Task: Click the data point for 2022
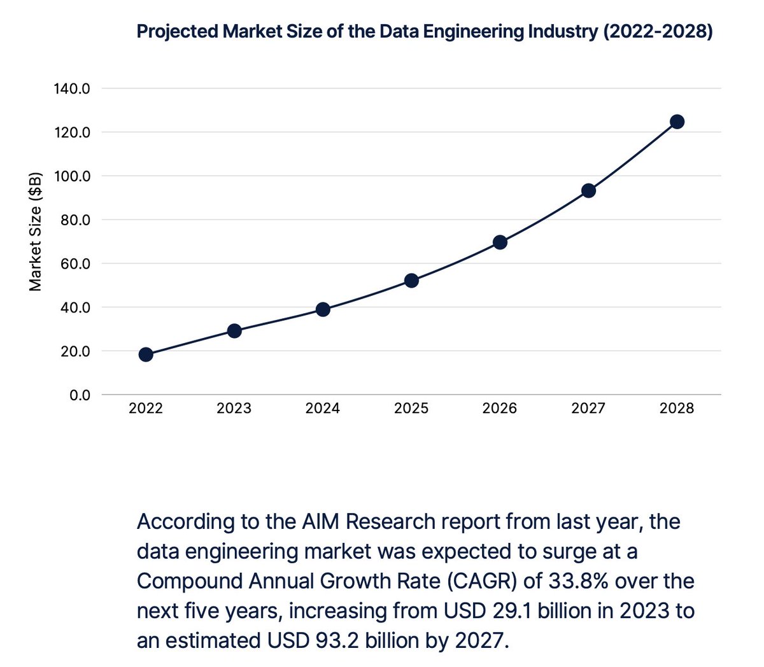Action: (x=146, y=355)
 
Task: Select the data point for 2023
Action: (x=234, y=331)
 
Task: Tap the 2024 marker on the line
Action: (x=323, y=309)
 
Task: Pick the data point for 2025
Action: (x=411, y=281)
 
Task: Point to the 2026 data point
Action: (x=500, y=242)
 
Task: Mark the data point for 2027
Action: (x=588, y=190)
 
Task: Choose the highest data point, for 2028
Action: (x=677, y=122)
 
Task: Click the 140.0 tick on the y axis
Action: (x=72, y=88)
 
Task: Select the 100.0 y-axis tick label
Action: (x=72, y=176)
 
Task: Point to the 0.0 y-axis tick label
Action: (x=79, y=395)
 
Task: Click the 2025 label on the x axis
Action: (x=411, y=409)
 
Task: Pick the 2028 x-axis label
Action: (x=677, y=409)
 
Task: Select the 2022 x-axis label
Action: (x=146, y=409)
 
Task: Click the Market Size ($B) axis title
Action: (x=36, y=232)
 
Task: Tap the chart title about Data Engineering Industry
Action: (x=425, y=31)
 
